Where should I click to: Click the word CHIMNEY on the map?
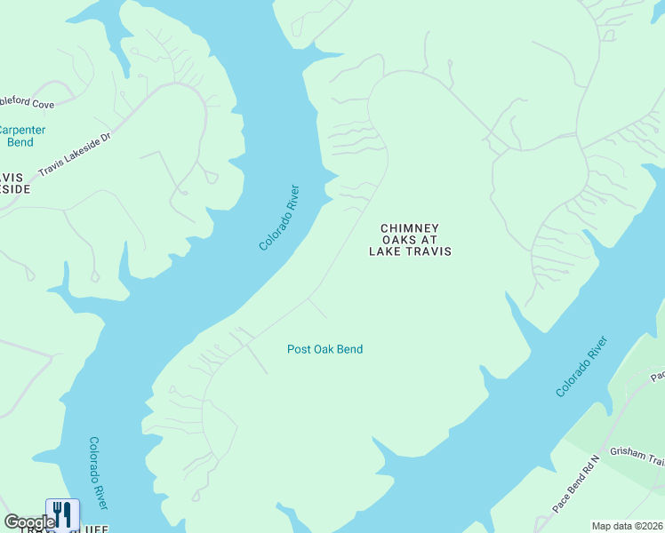click(x=411, y=228)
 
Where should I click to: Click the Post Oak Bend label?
click(x=324, y=349)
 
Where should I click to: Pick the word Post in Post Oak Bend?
click(x=297, y=349)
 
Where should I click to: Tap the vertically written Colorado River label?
click(x=99, y=473)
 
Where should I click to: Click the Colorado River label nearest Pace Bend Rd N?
click(x=582, y=366)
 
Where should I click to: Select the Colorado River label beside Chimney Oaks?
click(x=279, y=218)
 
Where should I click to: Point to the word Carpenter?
click(x=22, y=130)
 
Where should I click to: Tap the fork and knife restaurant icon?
click(x=62, y=513)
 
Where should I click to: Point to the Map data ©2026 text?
click(x=628, y=526)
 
